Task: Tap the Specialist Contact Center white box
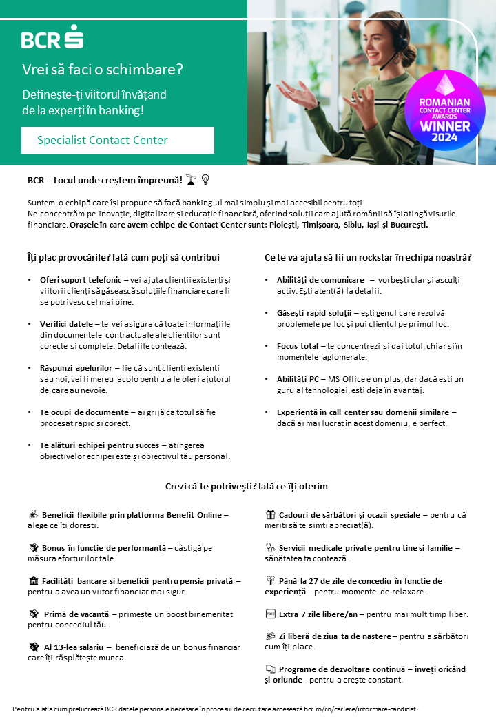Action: coord(117,140)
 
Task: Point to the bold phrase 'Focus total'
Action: coord(298,345)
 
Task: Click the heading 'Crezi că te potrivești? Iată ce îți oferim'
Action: coord(246,486)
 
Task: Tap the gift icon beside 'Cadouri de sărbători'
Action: coord(271,514)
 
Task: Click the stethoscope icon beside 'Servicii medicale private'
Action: coord(271,547)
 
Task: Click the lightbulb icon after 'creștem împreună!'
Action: coord(205,180)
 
